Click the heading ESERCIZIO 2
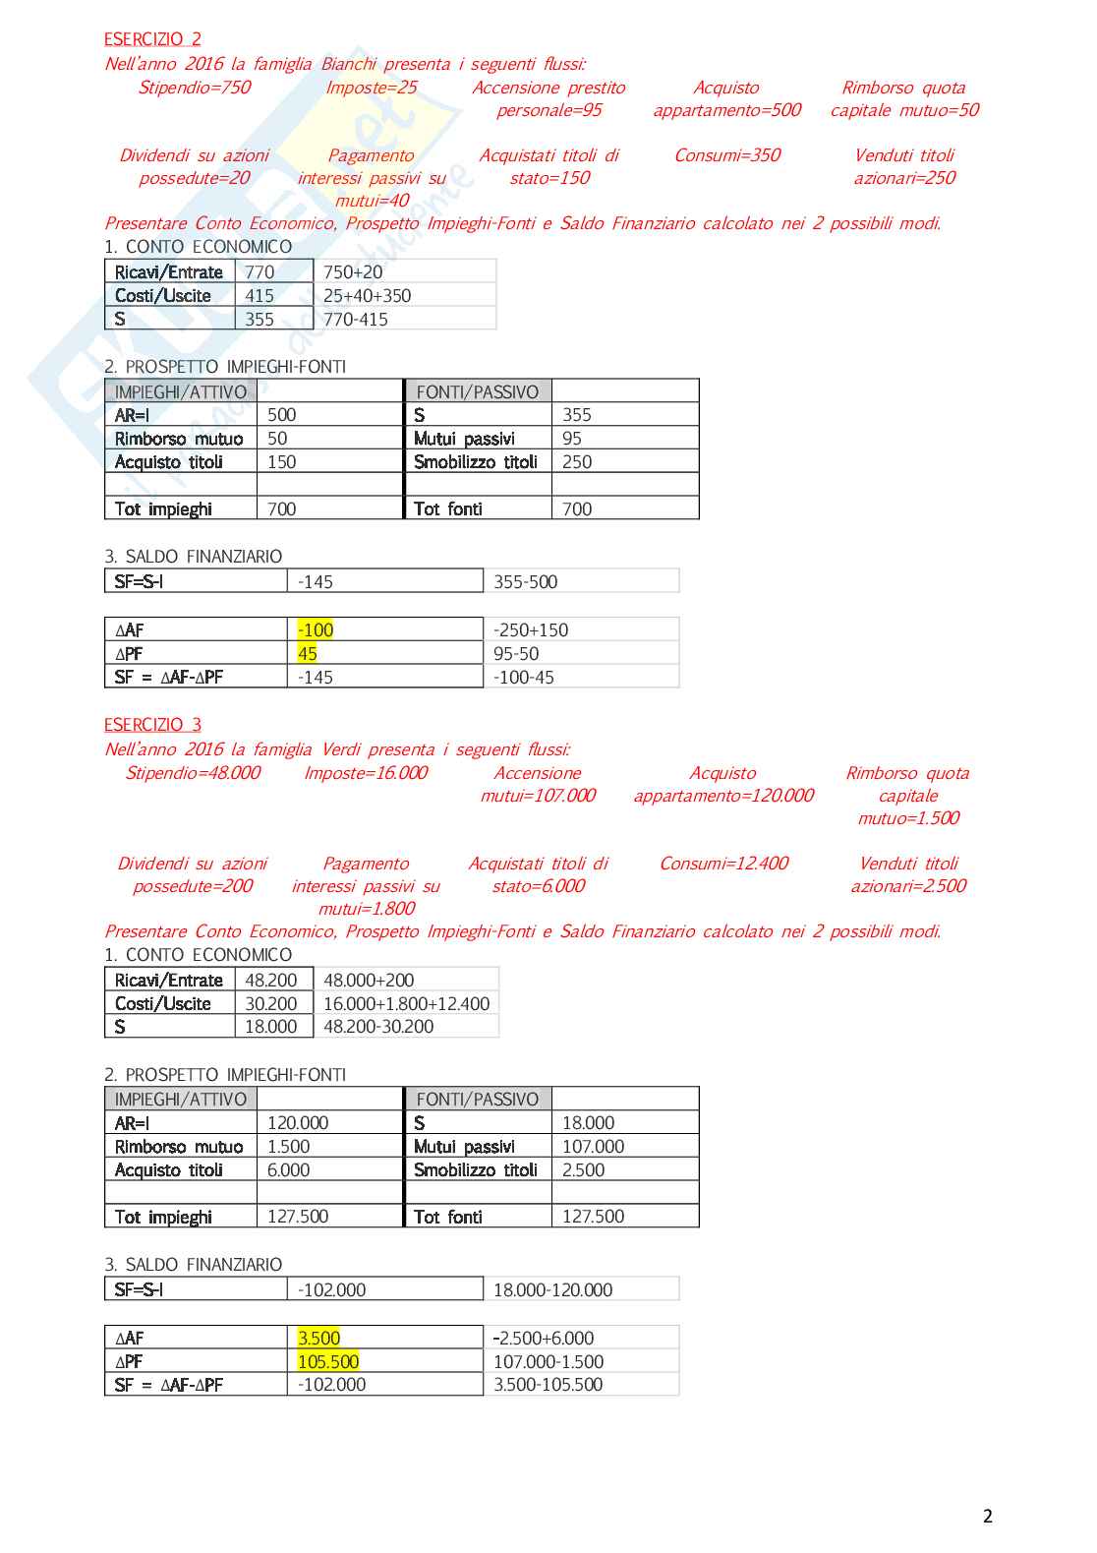[x=152, y=39]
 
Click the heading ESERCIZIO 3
[x=152, y=725]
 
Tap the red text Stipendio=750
[x=195, y=88]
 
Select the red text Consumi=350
[x=726, y=155]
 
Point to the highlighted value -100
[x=316, y=630]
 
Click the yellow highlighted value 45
[x=308, y=654]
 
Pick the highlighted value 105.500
[x=328, y=1362]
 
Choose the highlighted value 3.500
[x=318, y=1339]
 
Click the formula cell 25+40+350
[x=367, y=296]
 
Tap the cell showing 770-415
[x=355, y=320]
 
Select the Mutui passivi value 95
[x=572, y=439]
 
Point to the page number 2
[x=988, y=1517]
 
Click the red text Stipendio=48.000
[x=193, y=773]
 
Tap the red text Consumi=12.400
[x=723, y=864]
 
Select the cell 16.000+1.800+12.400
[x=406, y=1004]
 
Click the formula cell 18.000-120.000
[x=552, y=1290]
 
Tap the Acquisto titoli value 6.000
[x=288, y=1170]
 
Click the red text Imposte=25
[x=371, y=88]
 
